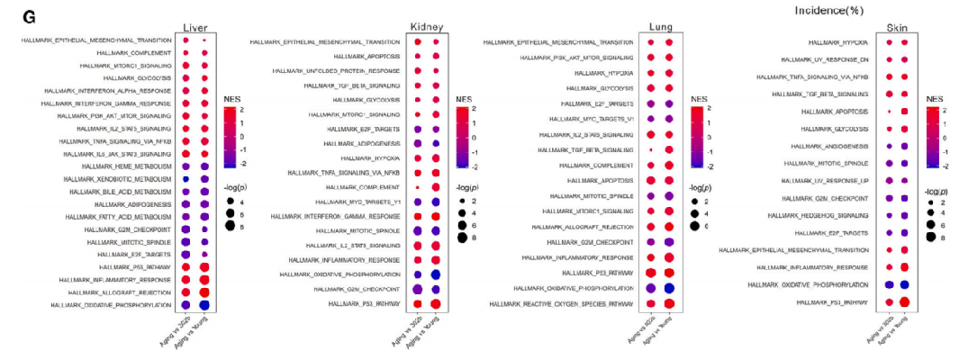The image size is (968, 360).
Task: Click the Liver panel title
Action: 197,27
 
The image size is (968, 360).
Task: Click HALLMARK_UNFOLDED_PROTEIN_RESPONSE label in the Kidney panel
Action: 337,71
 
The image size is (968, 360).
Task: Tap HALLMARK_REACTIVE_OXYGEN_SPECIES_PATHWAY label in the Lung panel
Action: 561,304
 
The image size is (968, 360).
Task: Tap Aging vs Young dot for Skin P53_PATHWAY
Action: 905,302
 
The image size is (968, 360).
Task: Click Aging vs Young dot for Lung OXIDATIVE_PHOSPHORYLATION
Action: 668,288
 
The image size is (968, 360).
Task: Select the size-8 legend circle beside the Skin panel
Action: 932,238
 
